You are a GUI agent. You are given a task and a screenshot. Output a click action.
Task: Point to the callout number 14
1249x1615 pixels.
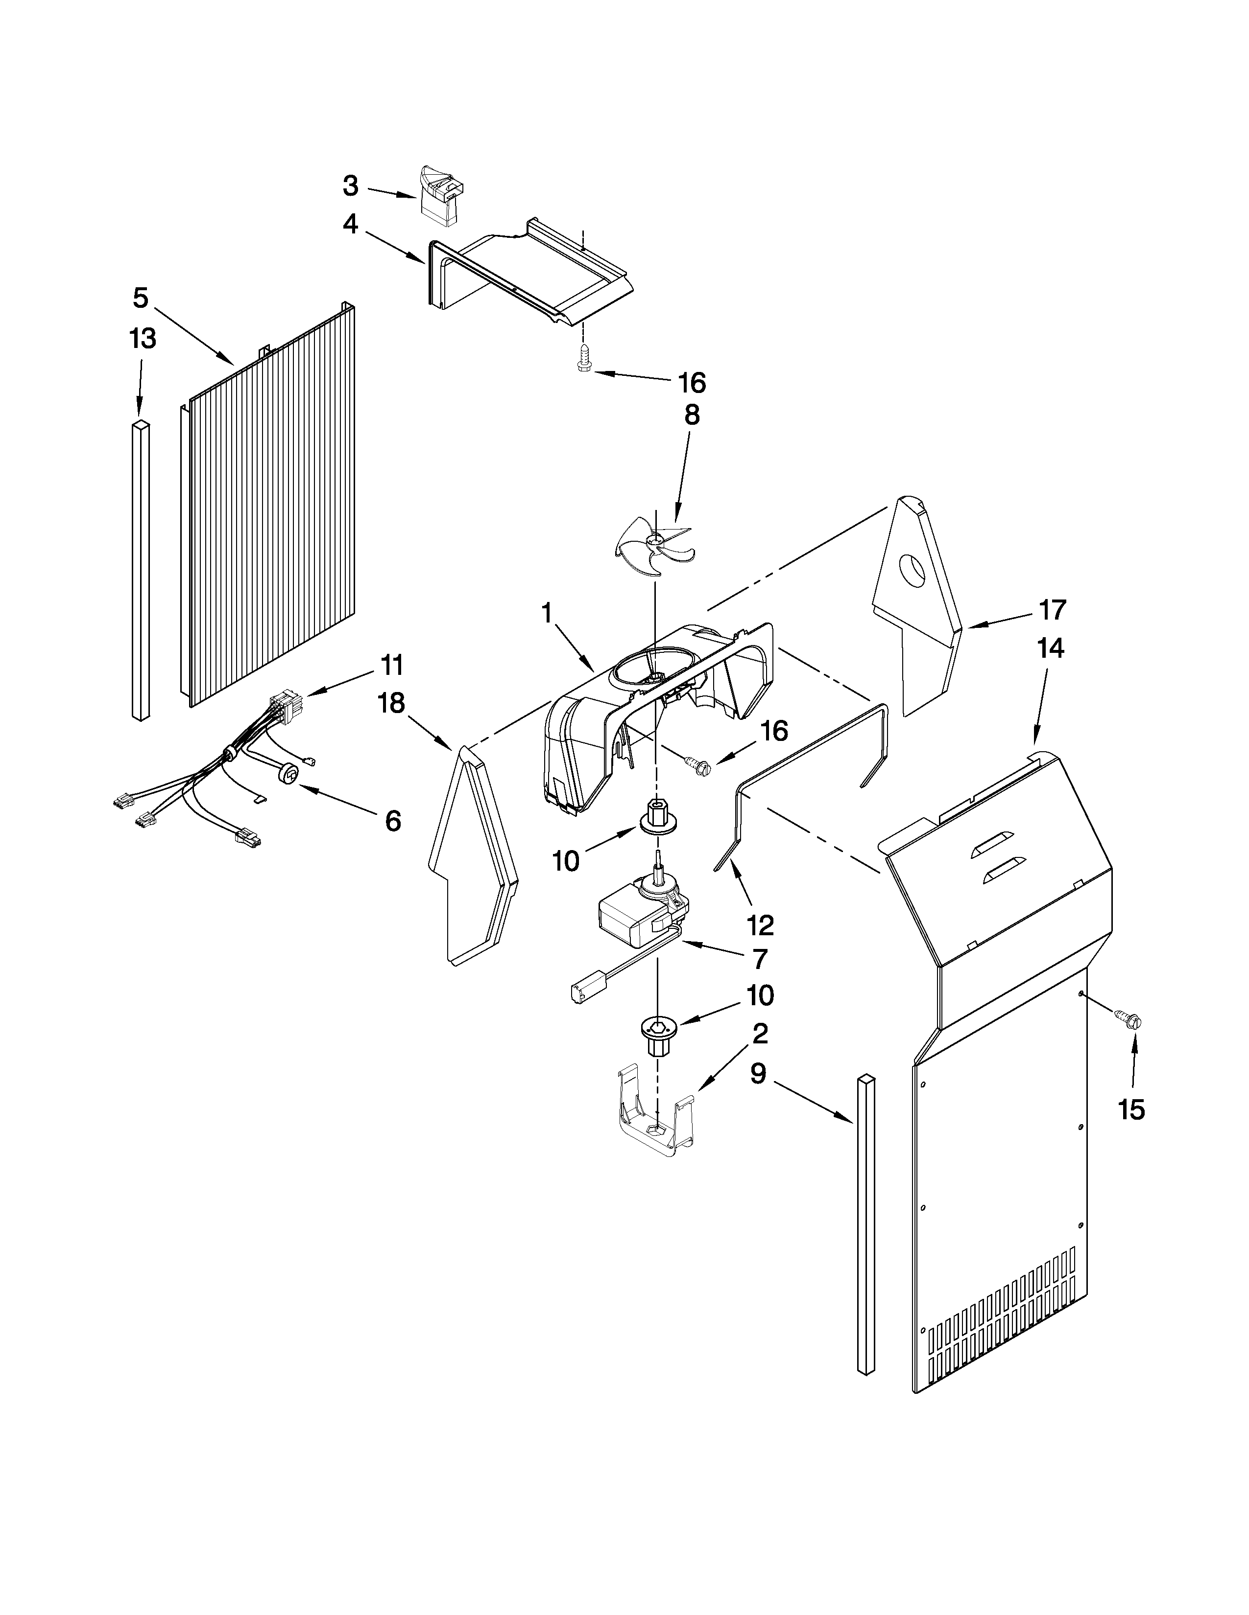click(1051, 648)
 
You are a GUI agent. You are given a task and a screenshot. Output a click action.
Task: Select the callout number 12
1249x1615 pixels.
click(760, 924)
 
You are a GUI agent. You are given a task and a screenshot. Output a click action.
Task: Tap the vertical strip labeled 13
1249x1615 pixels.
click(141, 569)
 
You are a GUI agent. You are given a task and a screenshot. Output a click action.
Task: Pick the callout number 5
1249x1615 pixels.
click(141, 298)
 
